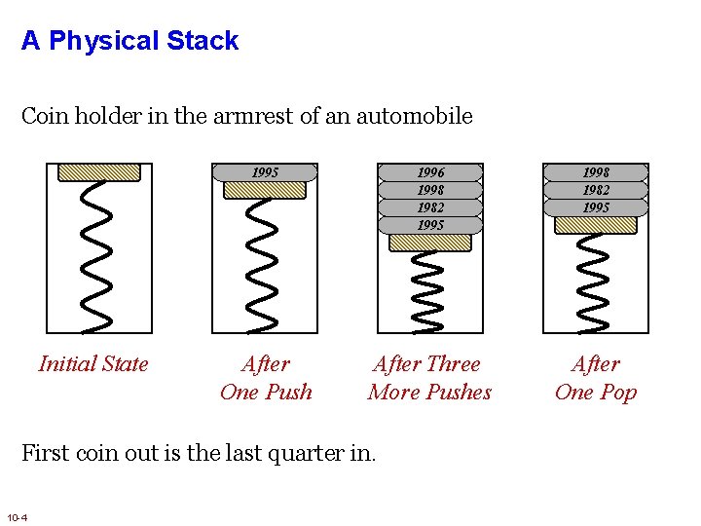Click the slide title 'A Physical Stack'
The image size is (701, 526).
click(129, 41)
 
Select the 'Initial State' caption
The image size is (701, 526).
click(93, 364)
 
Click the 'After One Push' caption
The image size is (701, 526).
click(266, 378)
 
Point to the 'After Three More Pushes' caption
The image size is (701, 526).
click(429, 378)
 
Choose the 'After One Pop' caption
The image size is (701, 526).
click(595, 378)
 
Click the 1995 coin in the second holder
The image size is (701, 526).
click(265, 172)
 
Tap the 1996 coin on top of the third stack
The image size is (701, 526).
click(430, 172)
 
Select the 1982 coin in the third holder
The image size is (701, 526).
click(430, 207)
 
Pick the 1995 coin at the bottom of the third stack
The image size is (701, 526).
click(430, 225)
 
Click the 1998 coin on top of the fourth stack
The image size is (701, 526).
click(596, 172)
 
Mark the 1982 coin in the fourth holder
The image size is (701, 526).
click(596, 190)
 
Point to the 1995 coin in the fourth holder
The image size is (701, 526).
click(596, 207)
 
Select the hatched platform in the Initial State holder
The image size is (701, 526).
click(99, 172)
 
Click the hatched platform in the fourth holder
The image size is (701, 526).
click(596, 225)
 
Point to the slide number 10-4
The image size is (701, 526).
click(17, 515)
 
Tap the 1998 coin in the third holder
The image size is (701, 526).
click(430, 190)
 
